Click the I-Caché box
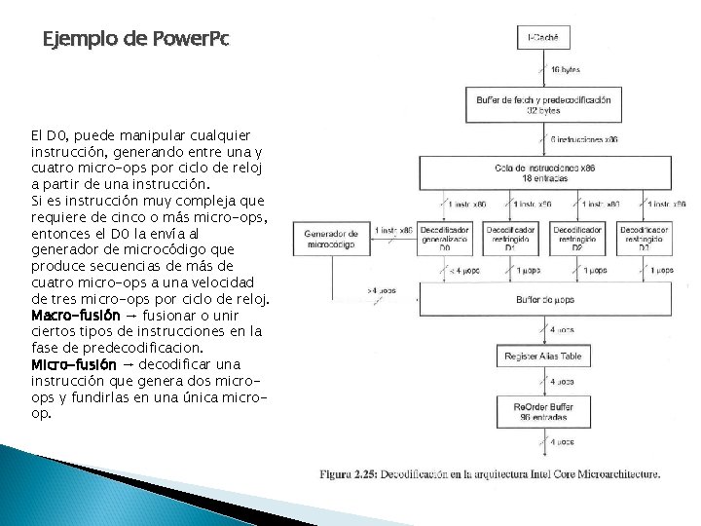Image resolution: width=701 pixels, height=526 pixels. (x=543, y=38)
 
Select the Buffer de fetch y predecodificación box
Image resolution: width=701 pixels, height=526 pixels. (x=543, y=105)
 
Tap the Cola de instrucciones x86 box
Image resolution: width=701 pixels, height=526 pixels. (x=543, y=173)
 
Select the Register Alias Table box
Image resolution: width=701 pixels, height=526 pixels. (x=543, y=357)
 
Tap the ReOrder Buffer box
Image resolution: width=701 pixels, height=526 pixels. (x=543, y=410)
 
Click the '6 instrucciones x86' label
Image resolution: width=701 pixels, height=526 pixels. (x=584, y=139)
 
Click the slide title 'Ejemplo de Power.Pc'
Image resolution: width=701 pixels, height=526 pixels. (x=136, y=40)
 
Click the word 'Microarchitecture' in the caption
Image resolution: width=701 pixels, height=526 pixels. (x=611, y=474)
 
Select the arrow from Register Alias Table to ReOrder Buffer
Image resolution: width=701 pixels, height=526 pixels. (x=543, y=381)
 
